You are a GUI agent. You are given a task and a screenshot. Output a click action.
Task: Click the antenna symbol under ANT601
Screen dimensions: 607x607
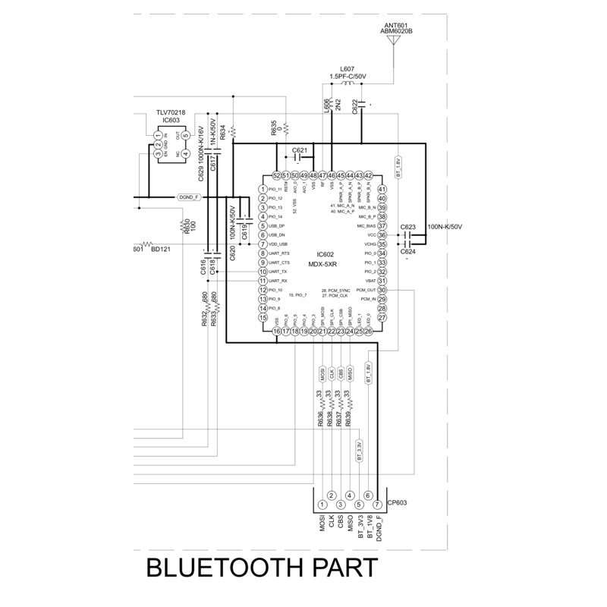click(393, 41)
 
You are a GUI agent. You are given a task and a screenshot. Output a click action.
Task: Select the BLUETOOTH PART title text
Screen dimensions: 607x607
click(260, 569)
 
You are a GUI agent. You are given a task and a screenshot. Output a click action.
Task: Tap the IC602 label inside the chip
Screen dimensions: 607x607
click(326, 255)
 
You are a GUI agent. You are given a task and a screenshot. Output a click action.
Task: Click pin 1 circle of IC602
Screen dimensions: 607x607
click(263, 190)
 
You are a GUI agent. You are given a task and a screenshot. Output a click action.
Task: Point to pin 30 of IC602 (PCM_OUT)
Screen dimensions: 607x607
click(382, 290)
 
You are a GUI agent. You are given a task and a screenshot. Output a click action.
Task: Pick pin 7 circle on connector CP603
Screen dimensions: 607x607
click(377, 505)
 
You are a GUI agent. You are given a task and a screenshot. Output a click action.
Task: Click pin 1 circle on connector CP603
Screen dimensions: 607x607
click(322, 505)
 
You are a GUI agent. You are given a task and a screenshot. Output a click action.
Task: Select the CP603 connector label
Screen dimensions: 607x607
click(398, 502)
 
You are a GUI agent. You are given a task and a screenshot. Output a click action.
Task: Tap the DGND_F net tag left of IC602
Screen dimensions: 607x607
click(189, 197)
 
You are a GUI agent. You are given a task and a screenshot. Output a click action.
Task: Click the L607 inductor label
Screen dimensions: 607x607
click(348, 68)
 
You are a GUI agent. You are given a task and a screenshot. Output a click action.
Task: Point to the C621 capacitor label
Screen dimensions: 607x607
click(299, 150)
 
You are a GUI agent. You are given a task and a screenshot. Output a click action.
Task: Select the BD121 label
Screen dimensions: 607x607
click(160, 248)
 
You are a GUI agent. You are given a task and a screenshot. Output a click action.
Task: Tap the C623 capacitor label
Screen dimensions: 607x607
click(408, 227)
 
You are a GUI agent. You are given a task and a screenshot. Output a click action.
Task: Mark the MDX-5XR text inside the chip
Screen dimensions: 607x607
click(326, 264)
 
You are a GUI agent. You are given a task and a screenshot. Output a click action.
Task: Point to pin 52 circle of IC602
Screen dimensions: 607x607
click(277, 175)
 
